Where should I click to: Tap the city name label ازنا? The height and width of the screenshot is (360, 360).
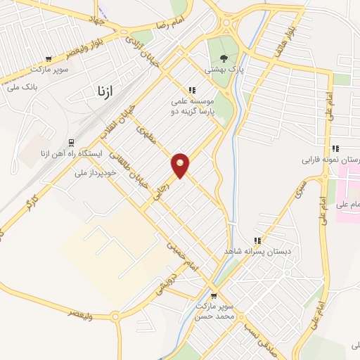(103, 90)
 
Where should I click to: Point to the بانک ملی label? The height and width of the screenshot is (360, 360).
(21, 87)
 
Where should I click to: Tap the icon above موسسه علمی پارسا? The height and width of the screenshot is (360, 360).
(191, 89)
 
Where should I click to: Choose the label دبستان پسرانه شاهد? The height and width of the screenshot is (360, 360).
(257, 251)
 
